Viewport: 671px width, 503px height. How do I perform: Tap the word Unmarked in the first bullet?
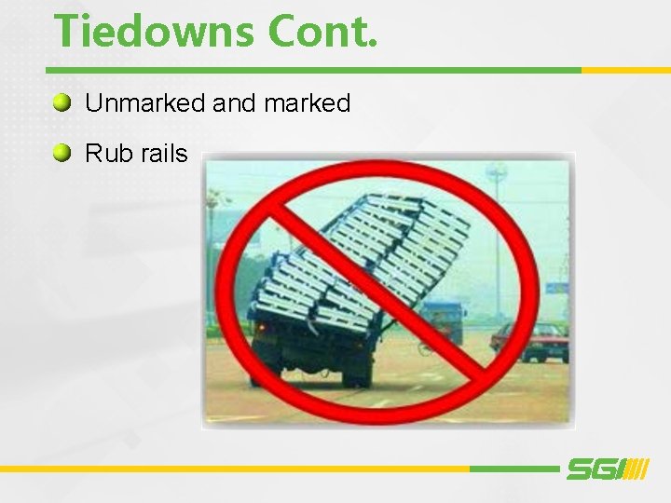146,103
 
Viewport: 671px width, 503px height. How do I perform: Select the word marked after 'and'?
307,103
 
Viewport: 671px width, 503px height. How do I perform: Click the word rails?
164,154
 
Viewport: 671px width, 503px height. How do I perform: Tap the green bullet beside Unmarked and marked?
62,102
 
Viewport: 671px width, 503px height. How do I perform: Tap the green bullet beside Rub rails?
62,153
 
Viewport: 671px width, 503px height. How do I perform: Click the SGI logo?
607,469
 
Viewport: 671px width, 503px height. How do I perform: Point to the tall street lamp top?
497,173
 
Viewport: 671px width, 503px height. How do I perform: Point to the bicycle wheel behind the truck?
425,349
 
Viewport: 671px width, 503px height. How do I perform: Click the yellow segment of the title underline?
625,70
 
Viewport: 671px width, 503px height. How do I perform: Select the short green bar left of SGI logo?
513,469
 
